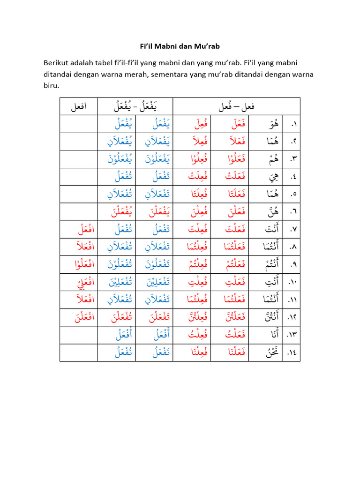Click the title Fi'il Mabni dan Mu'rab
(180, 46)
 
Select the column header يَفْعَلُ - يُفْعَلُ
(135, 107)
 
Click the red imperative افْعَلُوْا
(79, 265)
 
